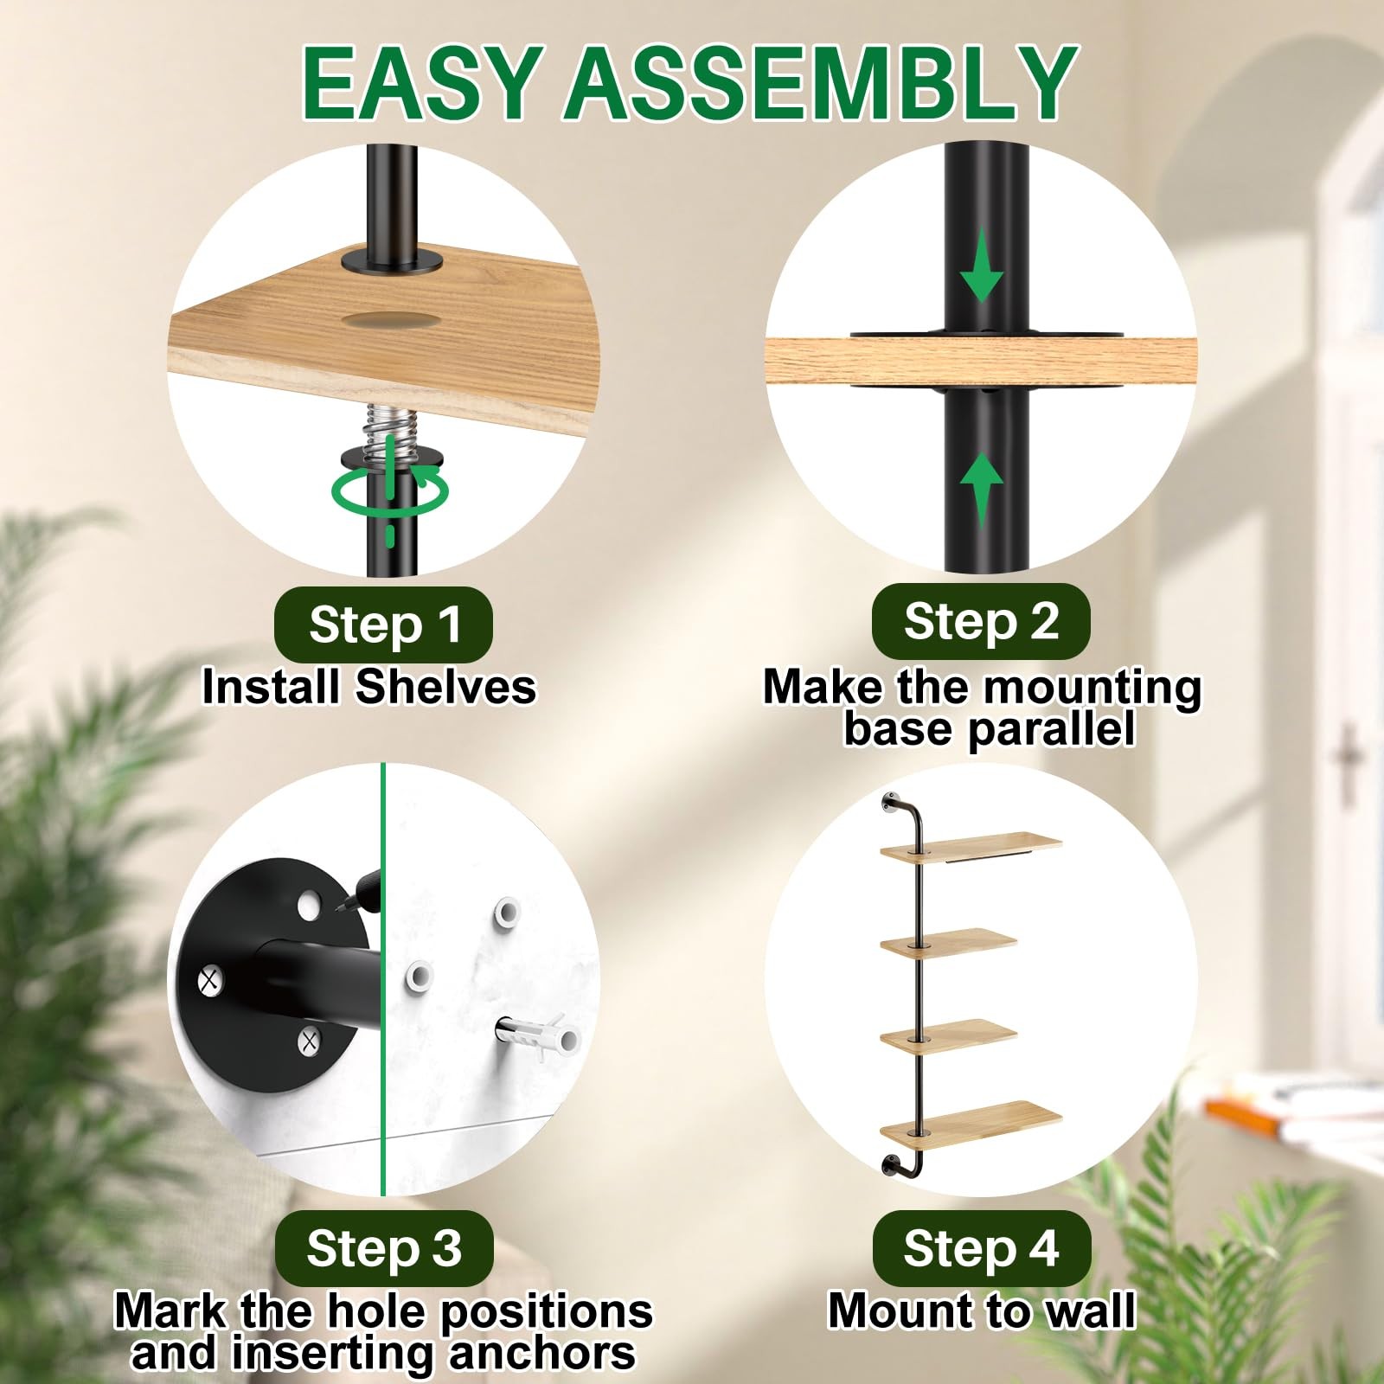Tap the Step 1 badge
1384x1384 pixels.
383,624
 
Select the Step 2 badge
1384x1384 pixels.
980,620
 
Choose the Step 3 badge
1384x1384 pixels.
383,1247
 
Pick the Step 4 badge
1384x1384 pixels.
981,1247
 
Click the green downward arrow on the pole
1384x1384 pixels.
981,264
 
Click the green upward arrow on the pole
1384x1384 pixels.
981,488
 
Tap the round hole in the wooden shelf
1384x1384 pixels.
389,319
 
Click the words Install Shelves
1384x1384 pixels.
368,687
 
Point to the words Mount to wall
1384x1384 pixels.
981,1310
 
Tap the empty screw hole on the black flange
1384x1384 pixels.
307,907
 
